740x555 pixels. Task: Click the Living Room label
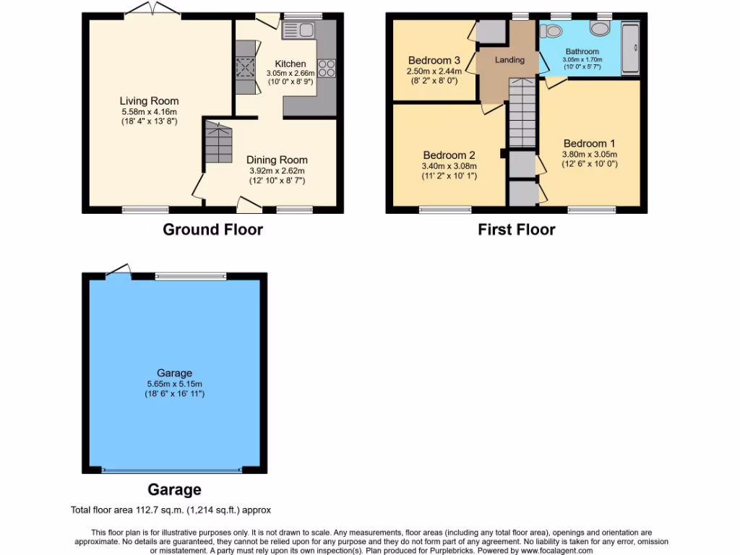coord(149,100)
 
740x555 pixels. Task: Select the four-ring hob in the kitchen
coord(327,69)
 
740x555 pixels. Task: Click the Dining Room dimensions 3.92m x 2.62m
coord(277,171)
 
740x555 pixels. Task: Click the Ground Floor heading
coord(212,230)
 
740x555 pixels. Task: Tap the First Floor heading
coord(516,230)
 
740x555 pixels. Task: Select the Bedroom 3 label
coord(434,60)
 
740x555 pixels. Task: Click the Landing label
coord(509,60)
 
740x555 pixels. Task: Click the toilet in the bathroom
coord(554,31)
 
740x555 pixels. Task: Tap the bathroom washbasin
coord(601,28)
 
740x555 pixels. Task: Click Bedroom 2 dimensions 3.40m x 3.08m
coord(449,166)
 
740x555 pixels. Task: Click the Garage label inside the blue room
coord(174,373)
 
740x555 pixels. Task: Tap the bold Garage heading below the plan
coord(174,490)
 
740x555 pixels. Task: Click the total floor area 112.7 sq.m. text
coord(171,509)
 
